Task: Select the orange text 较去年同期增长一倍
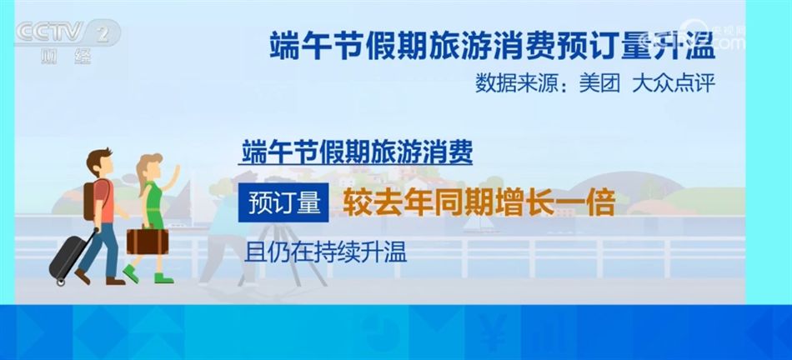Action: pos(474,203)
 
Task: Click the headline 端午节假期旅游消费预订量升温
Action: pos(493,45)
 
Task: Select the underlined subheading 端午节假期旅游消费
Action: pos(356,152)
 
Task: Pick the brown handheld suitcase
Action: pos(148,240)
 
